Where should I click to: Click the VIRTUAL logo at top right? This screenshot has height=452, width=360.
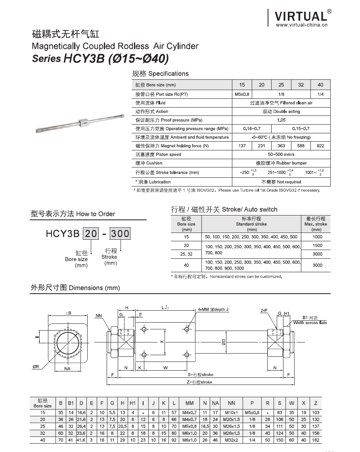[301, 16]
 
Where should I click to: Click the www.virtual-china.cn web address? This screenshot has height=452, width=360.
[301, 25]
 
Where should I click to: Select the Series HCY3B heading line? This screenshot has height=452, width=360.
[100, 59]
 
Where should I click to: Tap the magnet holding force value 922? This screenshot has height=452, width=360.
[320, 146]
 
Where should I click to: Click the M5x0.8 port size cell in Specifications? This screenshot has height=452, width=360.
[242, 94]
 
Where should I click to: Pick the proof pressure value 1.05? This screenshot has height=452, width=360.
[281, 120]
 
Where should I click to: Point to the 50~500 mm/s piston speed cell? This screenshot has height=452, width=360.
[281, 154]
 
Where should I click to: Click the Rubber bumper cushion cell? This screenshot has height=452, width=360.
[281, 163]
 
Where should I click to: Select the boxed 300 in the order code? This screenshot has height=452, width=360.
[120, 234]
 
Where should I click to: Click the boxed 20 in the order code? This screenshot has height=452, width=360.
[91, 234]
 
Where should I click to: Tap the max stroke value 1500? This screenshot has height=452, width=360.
[317, 246]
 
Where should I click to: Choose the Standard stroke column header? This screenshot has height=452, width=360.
[251, 224]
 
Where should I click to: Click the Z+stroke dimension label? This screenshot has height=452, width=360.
[200, 382]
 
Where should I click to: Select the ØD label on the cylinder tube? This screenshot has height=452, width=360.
[224, 342]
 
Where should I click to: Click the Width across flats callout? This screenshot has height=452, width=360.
[310, 323]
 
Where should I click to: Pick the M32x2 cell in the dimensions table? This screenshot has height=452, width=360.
[232, 440]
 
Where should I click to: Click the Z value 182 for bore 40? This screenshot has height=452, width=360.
[316, 440]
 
